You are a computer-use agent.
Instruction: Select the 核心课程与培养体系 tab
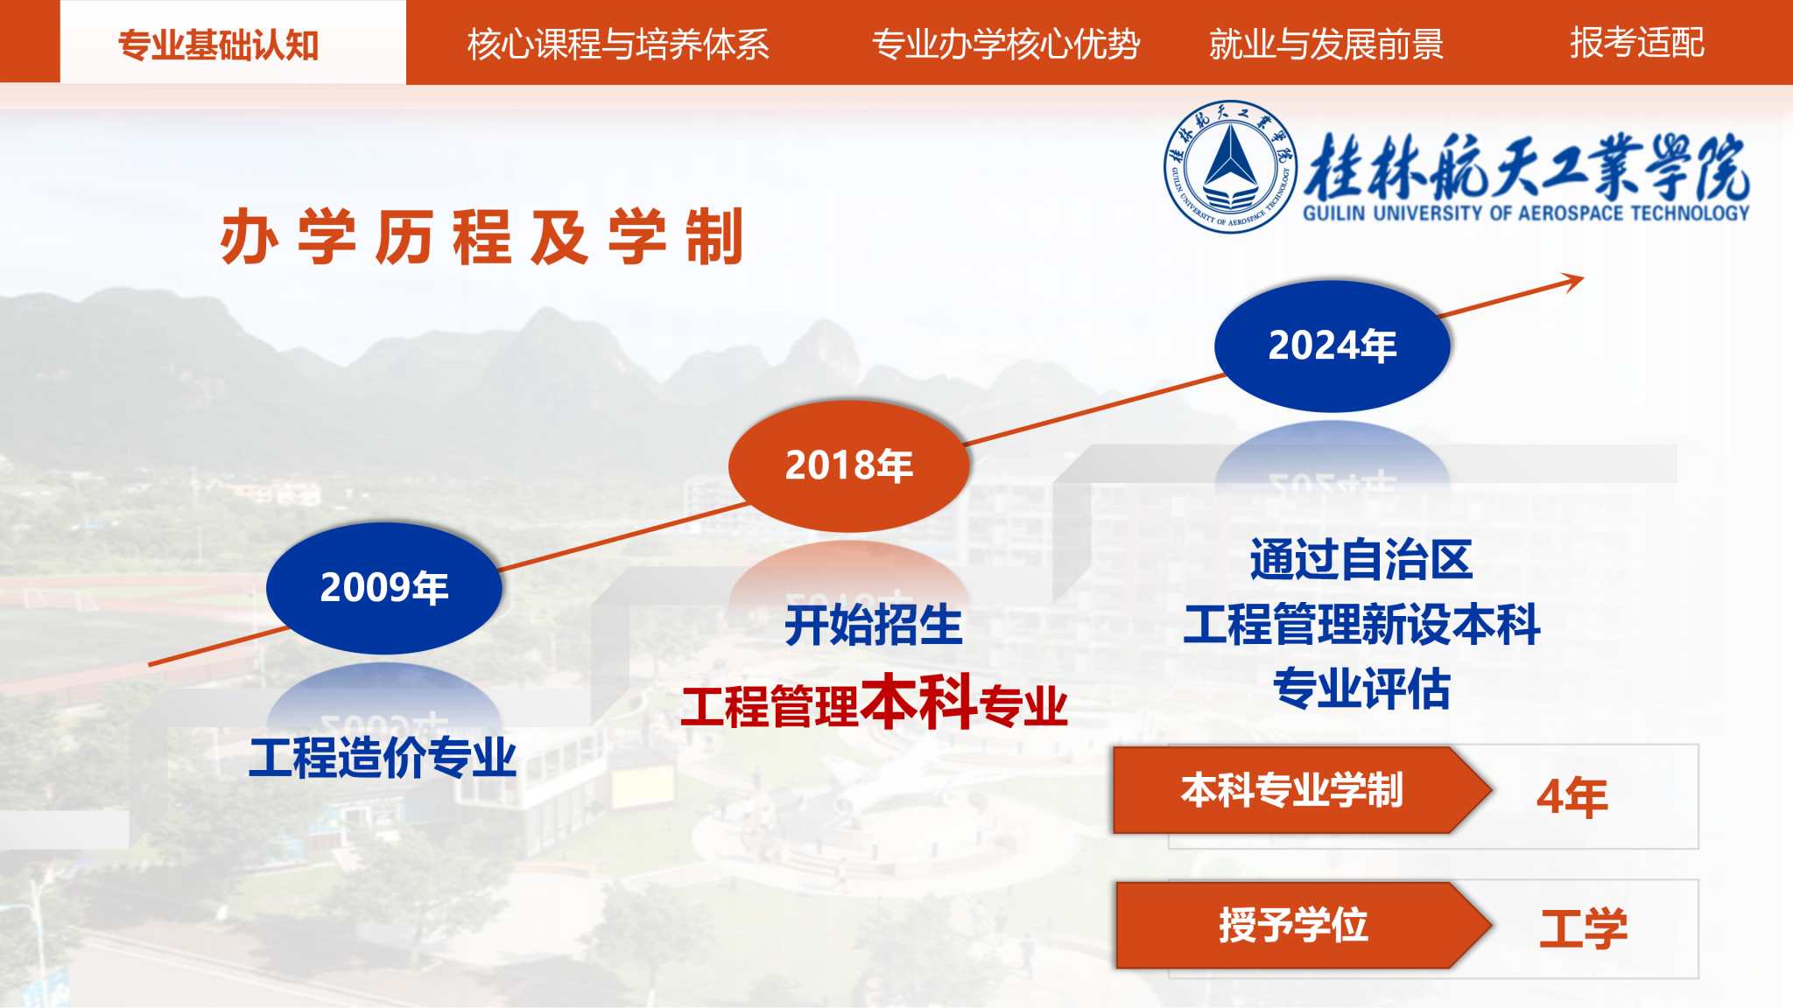(618, 44)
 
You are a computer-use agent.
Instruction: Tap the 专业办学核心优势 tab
(1006, 44)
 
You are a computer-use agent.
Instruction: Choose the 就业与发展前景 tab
(1326, 44)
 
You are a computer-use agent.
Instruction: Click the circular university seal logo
(1231, 166)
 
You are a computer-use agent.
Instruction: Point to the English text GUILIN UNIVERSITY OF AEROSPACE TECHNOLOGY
(1526, 213)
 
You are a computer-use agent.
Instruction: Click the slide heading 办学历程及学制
(482, 236)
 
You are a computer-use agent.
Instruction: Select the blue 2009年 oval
(384, 588)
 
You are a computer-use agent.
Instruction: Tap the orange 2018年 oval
(849, 465)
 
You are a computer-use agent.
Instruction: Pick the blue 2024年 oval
(1332, 346)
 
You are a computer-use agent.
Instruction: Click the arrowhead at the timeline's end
(1573, 282)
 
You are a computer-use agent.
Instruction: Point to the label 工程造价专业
(383, 758)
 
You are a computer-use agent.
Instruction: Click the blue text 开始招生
(874, 625)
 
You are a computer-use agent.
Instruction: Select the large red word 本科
(918, 701)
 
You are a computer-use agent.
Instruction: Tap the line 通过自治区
(1361, 560)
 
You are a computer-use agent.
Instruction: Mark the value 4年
(1572, 797)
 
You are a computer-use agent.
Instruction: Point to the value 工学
(1584, 928)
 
